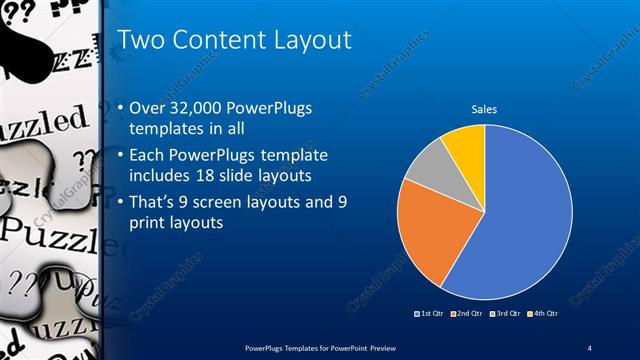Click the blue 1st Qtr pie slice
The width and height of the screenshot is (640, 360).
pos(520,220)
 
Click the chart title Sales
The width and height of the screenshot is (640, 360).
pos(484,109)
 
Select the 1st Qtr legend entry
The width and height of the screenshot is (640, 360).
pos(431,314)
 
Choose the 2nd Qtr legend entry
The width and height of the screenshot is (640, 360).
pos(468,314)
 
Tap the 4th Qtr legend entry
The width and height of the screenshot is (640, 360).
pos(541,314)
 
